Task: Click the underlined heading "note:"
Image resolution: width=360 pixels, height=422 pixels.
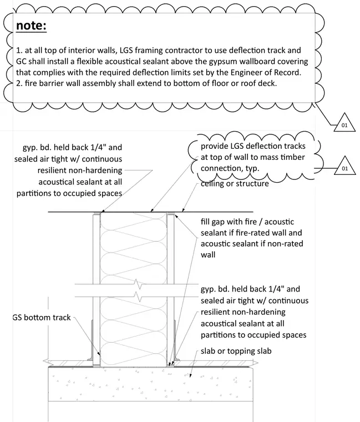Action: (31, 26)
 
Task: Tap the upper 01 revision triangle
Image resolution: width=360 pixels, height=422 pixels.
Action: (344, 123)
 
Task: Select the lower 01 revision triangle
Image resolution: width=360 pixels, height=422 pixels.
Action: (344, 166)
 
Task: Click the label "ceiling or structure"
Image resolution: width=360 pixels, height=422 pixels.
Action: (235, 184)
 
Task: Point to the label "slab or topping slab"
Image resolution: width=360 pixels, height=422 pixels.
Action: (236, 351)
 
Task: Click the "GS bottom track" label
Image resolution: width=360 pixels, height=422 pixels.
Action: (42, 318)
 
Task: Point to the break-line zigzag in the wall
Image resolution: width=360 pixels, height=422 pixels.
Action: (138, 290)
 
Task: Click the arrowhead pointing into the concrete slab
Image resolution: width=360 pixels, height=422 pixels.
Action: (190, 375)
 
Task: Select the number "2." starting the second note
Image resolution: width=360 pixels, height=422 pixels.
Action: (19, 83)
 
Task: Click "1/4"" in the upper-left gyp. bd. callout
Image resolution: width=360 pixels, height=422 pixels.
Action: (97, 147)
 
